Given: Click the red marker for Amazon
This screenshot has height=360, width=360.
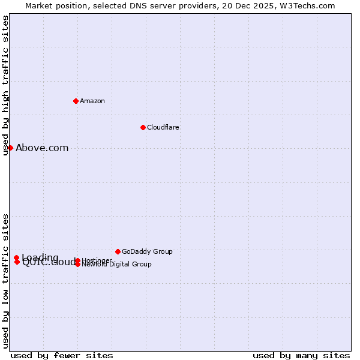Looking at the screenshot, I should coord(76,101).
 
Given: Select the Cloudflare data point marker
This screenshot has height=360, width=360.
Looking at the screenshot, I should coord(143,127).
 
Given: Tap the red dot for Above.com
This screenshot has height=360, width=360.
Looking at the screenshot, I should coord(10,148).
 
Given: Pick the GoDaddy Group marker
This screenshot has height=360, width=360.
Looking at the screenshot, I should coord(118,251).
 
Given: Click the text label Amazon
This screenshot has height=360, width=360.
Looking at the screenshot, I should coord(92,101).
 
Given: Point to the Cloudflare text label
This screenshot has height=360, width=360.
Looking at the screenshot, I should coord(163,127).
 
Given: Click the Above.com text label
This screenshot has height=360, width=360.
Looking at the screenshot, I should coord(42,148).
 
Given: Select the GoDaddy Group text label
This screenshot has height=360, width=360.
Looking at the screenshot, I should coord(147,251).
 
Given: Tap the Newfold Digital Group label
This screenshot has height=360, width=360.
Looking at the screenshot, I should coord(116,264).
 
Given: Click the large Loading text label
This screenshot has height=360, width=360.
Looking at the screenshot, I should coord(40,258).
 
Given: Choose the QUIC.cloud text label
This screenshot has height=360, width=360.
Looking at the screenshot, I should coord(48,262).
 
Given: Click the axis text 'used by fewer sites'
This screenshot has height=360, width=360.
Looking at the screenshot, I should coord(62,355).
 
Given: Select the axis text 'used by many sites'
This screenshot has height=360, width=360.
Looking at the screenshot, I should coord(301,355).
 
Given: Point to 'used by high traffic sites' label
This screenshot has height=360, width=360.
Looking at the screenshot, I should coord(5,85).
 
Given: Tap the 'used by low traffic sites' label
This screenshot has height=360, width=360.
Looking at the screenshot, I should coord(5,281).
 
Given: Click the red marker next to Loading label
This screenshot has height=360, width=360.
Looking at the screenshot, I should coord(17,258).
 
